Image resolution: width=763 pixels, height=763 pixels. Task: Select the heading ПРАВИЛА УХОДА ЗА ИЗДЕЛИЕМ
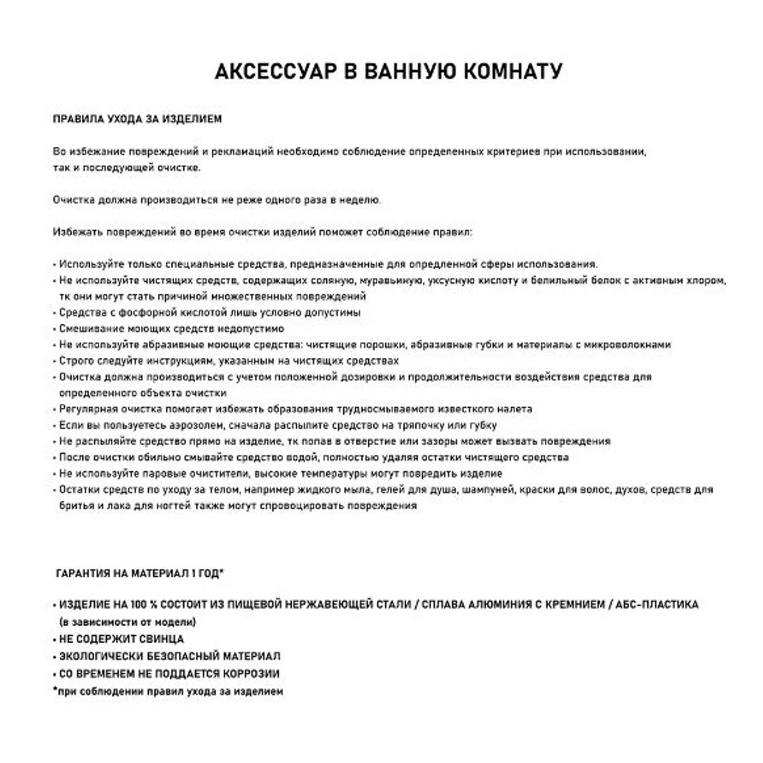(x=137, y=119)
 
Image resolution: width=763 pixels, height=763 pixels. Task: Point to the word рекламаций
(x=242, y=152)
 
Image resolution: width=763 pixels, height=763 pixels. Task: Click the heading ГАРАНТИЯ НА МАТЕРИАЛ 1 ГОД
(x=140, y=574)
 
